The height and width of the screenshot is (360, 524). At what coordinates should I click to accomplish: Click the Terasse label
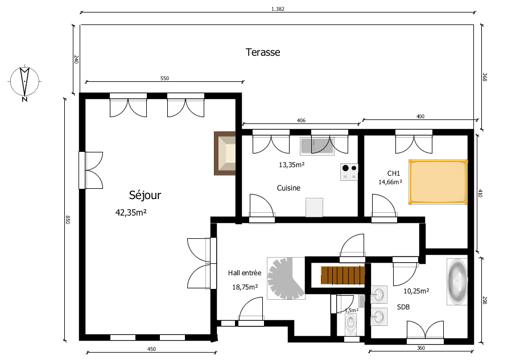pyautogui.click(x=263, y=52)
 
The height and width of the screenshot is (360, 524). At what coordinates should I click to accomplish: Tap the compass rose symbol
pyautogui.click(x=24, y=82)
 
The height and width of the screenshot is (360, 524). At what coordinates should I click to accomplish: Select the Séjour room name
pyautogui.click(x=145, y=195)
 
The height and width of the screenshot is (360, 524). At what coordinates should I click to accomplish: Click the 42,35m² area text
pyautogui.click(x=131, y=212)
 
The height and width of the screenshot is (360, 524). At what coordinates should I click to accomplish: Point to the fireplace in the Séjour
pyautogui.click(x=225, y=154)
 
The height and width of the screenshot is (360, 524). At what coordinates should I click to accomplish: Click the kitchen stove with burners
pyautogui.click(x=349, y=172)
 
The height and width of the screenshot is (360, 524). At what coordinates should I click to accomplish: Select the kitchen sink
pyautogui.click(x=317, y=146)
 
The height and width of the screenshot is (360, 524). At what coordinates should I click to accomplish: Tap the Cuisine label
pyautogui.click(x=288, y=188)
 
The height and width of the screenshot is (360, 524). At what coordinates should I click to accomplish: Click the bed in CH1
pyautogui.click(x=438, y=181)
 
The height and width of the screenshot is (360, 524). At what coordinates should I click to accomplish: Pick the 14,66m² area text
pyautogui.click(x=390, y=182)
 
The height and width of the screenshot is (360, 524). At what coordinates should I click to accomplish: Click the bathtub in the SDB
pyautogui.click(x=457, y=281)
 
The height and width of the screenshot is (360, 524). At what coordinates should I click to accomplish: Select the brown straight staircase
pyautogui.click(x=343, y=275)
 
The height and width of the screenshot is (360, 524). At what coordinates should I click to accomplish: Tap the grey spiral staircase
pyautogui.click(x=286, y=278)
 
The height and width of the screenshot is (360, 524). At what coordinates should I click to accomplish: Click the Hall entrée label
pyautogui.click(x=245, y=273)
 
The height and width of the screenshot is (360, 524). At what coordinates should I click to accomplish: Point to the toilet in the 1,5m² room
pyautogui.click(x=350, y=324)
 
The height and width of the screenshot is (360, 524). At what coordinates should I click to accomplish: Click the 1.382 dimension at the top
pyautogui.click(x=278, y=9)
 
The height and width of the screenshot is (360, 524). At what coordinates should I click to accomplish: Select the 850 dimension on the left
pyautogui.click(x=68, y=220)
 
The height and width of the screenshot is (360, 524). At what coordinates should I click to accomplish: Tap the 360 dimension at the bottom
pyautogui.click(x=421, y=348)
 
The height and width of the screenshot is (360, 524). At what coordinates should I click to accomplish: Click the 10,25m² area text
pyautogui.click(x=416, y=291)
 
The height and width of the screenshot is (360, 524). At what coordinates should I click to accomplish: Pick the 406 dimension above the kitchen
pyautogui.click(x=301, y=121)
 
